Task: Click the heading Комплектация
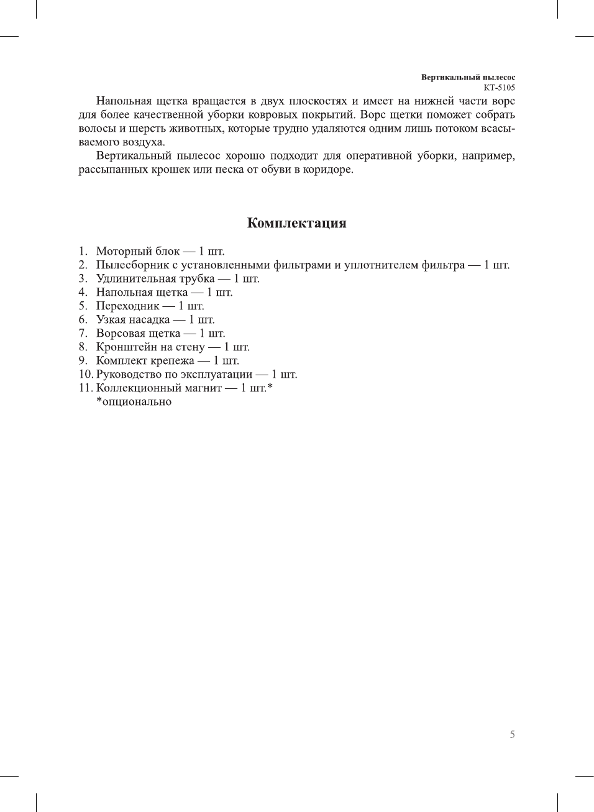[x=296, y=223]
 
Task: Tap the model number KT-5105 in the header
[x=499, y=88]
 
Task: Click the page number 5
[x=512, y=734]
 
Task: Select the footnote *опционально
[x=134, y=402]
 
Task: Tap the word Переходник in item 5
[x=127, y=306]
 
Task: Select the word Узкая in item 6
[x=110, y=320]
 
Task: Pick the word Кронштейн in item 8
[x=126, y=347]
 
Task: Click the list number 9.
[x=83, y=361]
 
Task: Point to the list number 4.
[x=83, y=293]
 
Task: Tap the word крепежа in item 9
[x=172, y=361]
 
